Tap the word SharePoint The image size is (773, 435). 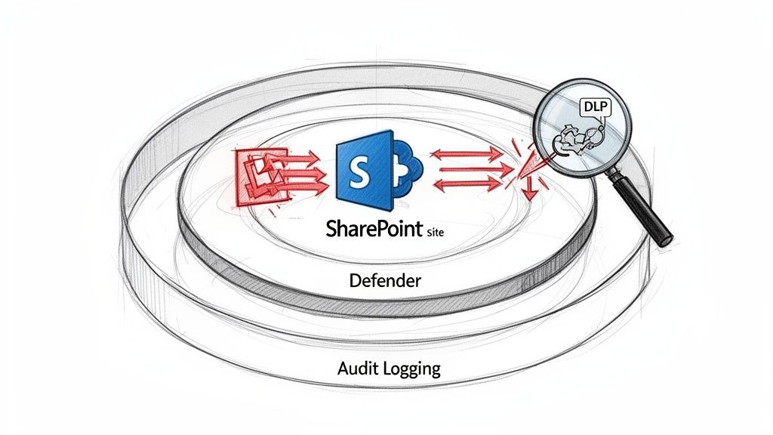tap(371, 228)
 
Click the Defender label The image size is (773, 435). tap(385, 281)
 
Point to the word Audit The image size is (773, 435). tap(358, 370)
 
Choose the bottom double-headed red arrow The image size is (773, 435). tap(466, 184)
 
